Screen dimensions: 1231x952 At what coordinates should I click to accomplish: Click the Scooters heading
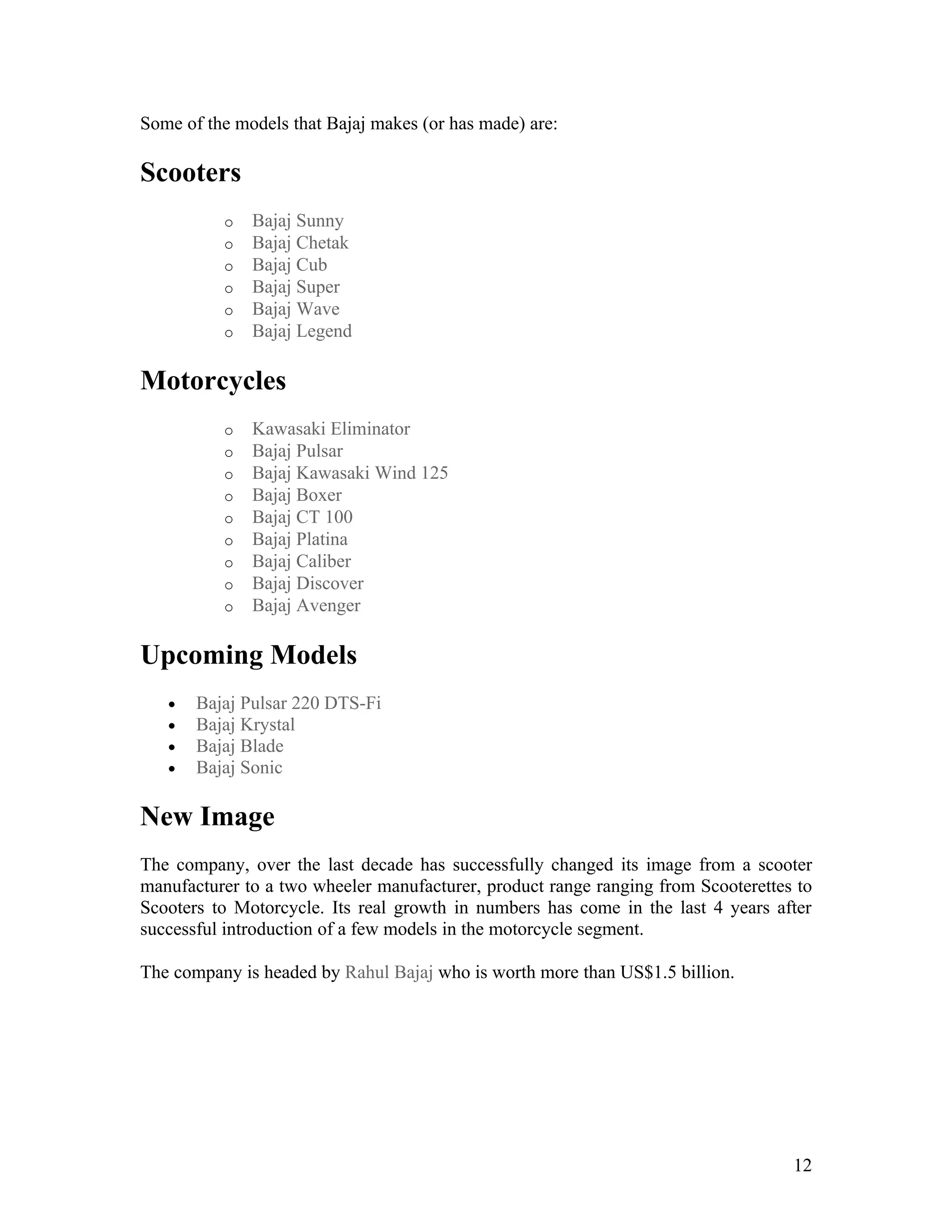(190, 172)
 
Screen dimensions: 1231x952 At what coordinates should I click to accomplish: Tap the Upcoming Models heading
(248, 655)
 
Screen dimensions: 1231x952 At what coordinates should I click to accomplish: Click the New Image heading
(207, 816)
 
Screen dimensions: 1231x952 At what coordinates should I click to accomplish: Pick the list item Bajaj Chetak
(300, 243)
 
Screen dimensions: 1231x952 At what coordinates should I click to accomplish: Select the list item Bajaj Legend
(302, 331)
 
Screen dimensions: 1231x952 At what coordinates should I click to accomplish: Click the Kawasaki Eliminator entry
(331, 429)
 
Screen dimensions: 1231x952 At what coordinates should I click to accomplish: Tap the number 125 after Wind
(434, 473)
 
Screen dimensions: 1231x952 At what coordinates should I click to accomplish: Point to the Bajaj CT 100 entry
(302, 517)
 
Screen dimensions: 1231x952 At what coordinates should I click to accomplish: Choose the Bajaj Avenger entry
(306, 605)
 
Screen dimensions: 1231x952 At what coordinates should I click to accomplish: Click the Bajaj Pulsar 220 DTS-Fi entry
(288, 703)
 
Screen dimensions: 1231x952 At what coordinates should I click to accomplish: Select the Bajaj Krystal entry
(245, 725)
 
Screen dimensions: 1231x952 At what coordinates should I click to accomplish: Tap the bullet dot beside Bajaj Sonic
(172, 769)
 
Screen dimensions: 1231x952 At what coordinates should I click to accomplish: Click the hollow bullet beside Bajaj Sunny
(228, 223)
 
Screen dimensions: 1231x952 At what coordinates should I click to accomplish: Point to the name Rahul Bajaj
(389, 973)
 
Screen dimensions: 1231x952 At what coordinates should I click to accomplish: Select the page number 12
(802, 1166)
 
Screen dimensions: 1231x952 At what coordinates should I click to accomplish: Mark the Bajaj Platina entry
(299, 539)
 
